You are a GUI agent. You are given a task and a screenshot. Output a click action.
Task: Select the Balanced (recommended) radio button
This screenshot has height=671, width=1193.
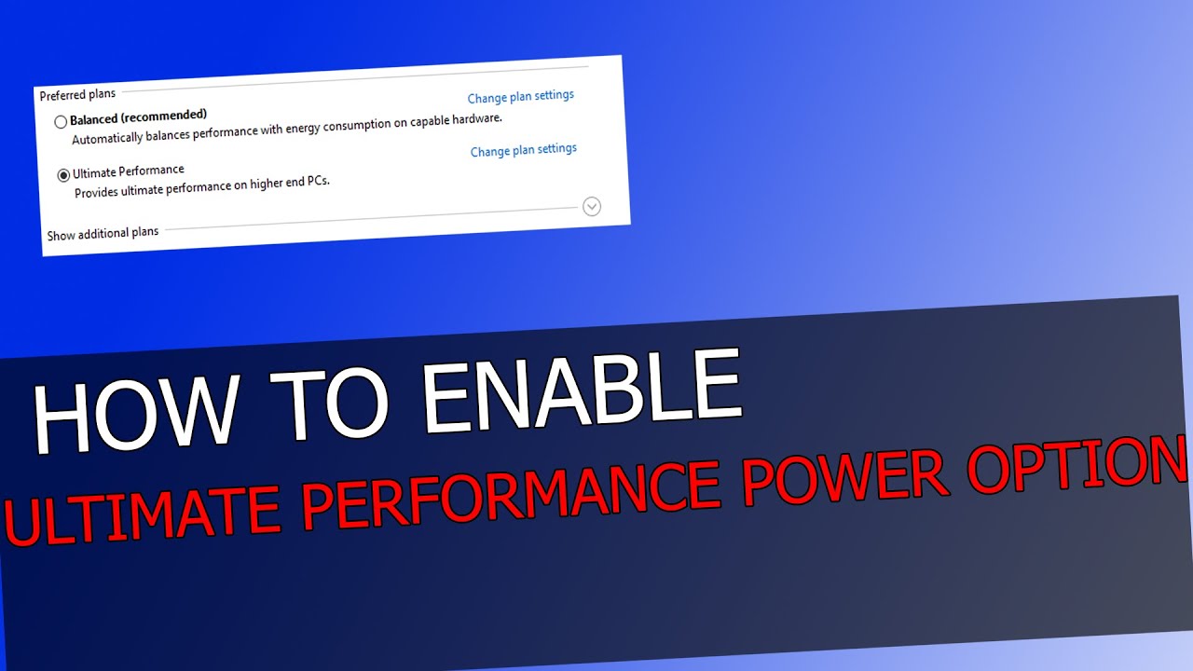click(61, 122)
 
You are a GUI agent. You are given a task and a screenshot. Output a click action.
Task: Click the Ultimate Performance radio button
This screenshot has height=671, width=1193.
click(63, 175)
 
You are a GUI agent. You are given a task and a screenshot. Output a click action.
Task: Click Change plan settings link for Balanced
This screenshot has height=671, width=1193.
click(520, 97)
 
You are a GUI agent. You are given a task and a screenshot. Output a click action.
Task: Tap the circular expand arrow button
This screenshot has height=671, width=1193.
click(591, 207)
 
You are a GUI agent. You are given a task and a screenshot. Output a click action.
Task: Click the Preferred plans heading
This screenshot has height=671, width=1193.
click(77, 95)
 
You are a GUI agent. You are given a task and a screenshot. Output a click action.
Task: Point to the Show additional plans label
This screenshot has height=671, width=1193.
click(103, 233)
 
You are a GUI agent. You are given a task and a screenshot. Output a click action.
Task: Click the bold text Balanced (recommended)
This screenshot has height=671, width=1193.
click(138, 116)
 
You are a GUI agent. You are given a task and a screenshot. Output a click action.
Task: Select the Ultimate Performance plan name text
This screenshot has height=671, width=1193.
click(129, 171)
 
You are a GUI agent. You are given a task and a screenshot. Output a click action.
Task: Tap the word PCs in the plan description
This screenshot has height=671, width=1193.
click(318, 182)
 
